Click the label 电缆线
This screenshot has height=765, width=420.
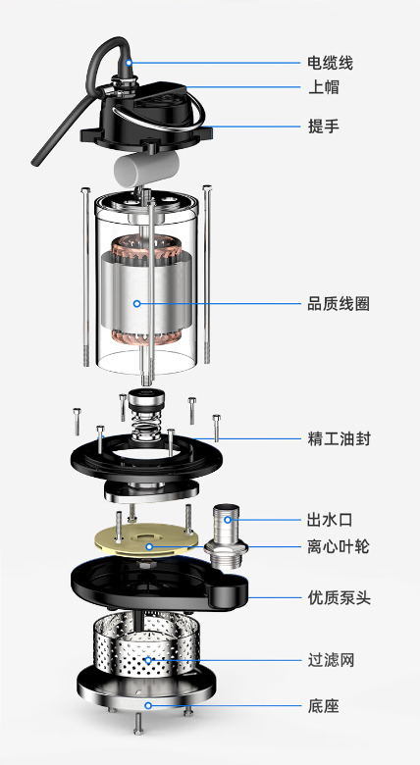(330, 63)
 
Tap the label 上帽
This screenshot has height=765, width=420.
(323, 87)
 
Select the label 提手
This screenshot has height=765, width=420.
(323, 127)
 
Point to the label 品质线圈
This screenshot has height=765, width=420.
(338, 304)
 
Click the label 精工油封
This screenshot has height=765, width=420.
(339, 438)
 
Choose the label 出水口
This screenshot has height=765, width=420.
(330, 520)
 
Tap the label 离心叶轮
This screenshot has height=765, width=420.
(338, 546)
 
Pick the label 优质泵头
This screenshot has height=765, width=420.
(339, 597)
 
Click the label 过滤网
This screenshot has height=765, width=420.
(331, 661)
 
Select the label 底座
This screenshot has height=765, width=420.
(323, 705)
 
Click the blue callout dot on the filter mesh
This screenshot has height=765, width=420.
(148, 661)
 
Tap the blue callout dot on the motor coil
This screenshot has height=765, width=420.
(137, 303)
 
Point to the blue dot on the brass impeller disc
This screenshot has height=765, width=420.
(149, 546)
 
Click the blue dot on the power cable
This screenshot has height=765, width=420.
(129, 63)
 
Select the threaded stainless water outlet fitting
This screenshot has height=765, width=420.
(226, 536)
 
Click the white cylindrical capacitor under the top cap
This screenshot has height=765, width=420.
(145, 169)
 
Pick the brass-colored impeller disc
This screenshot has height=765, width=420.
(146, 539)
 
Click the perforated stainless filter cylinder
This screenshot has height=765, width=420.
(145, 644)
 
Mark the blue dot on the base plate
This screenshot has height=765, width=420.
(148, 705)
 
